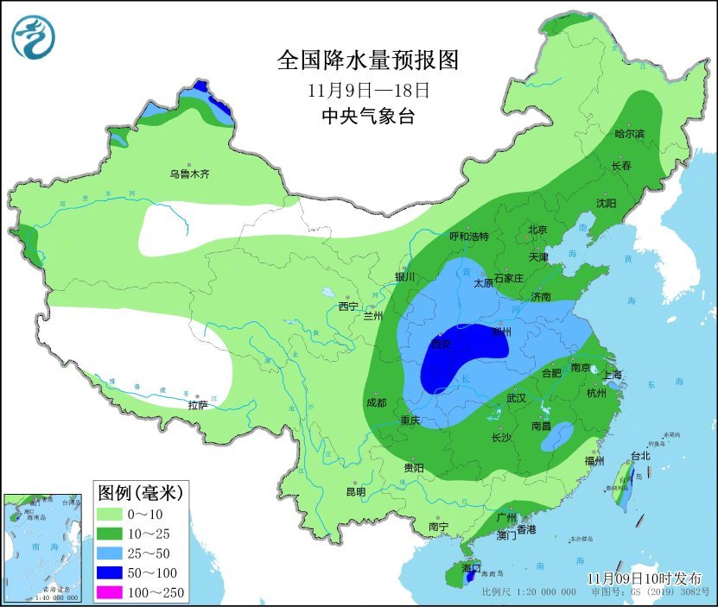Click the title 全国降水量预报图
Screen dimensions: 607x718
pos(366,60)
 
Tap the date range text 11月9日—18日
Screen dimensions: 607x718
pos(367,89)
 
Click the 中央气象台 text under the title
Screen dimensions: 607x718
pos(367,116)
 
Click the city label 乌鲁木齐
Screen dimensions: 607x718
pos(189,174)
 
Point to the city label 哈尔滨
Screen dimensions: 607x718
pos(629,133)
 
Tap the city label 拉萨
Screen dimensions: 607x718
pos(198,404)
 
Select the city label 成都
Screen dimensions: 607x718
pos(376,402)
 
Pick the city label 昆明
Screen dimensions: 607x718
pos(356,491)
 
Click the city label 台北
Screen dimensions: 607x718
pos(639,455)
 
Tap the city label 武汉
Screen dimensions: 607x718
pos(516,398)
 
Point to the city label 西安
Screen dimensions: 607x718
pos(441,344)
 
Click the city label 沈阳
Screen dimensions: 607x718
pos(606,203)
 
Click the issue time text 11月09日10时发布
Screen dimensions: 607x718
pos(644,578)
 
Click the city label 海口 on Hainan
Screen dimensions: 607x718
pos(471,567)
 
